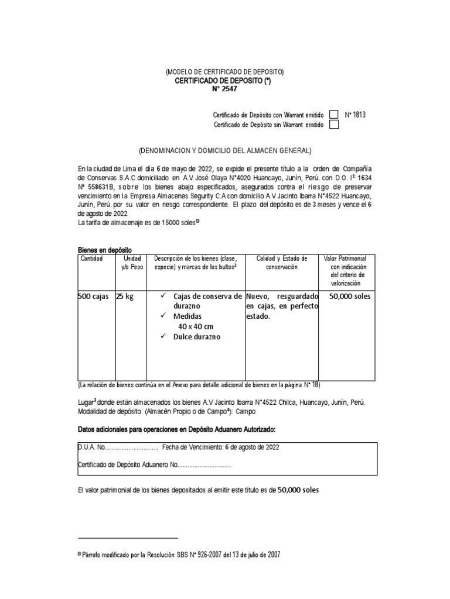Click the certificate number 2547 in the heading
(229, 88)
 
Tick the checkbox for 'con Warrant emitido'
(333, 115)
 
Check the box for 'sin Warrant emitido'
(333, 125)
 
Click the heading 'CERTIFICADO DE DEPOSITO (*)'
(223, 80)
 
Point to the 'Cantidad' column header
(91, 259)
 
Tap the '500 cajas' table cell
(93, 297)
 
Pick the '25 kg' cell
(125, 297)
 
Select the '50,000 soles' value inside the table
(350, 297)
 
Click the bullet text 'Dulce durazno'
(196, 337)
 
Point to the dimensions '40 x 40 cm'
(197, 326)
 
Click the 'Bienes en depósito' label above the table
(105, 250)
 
